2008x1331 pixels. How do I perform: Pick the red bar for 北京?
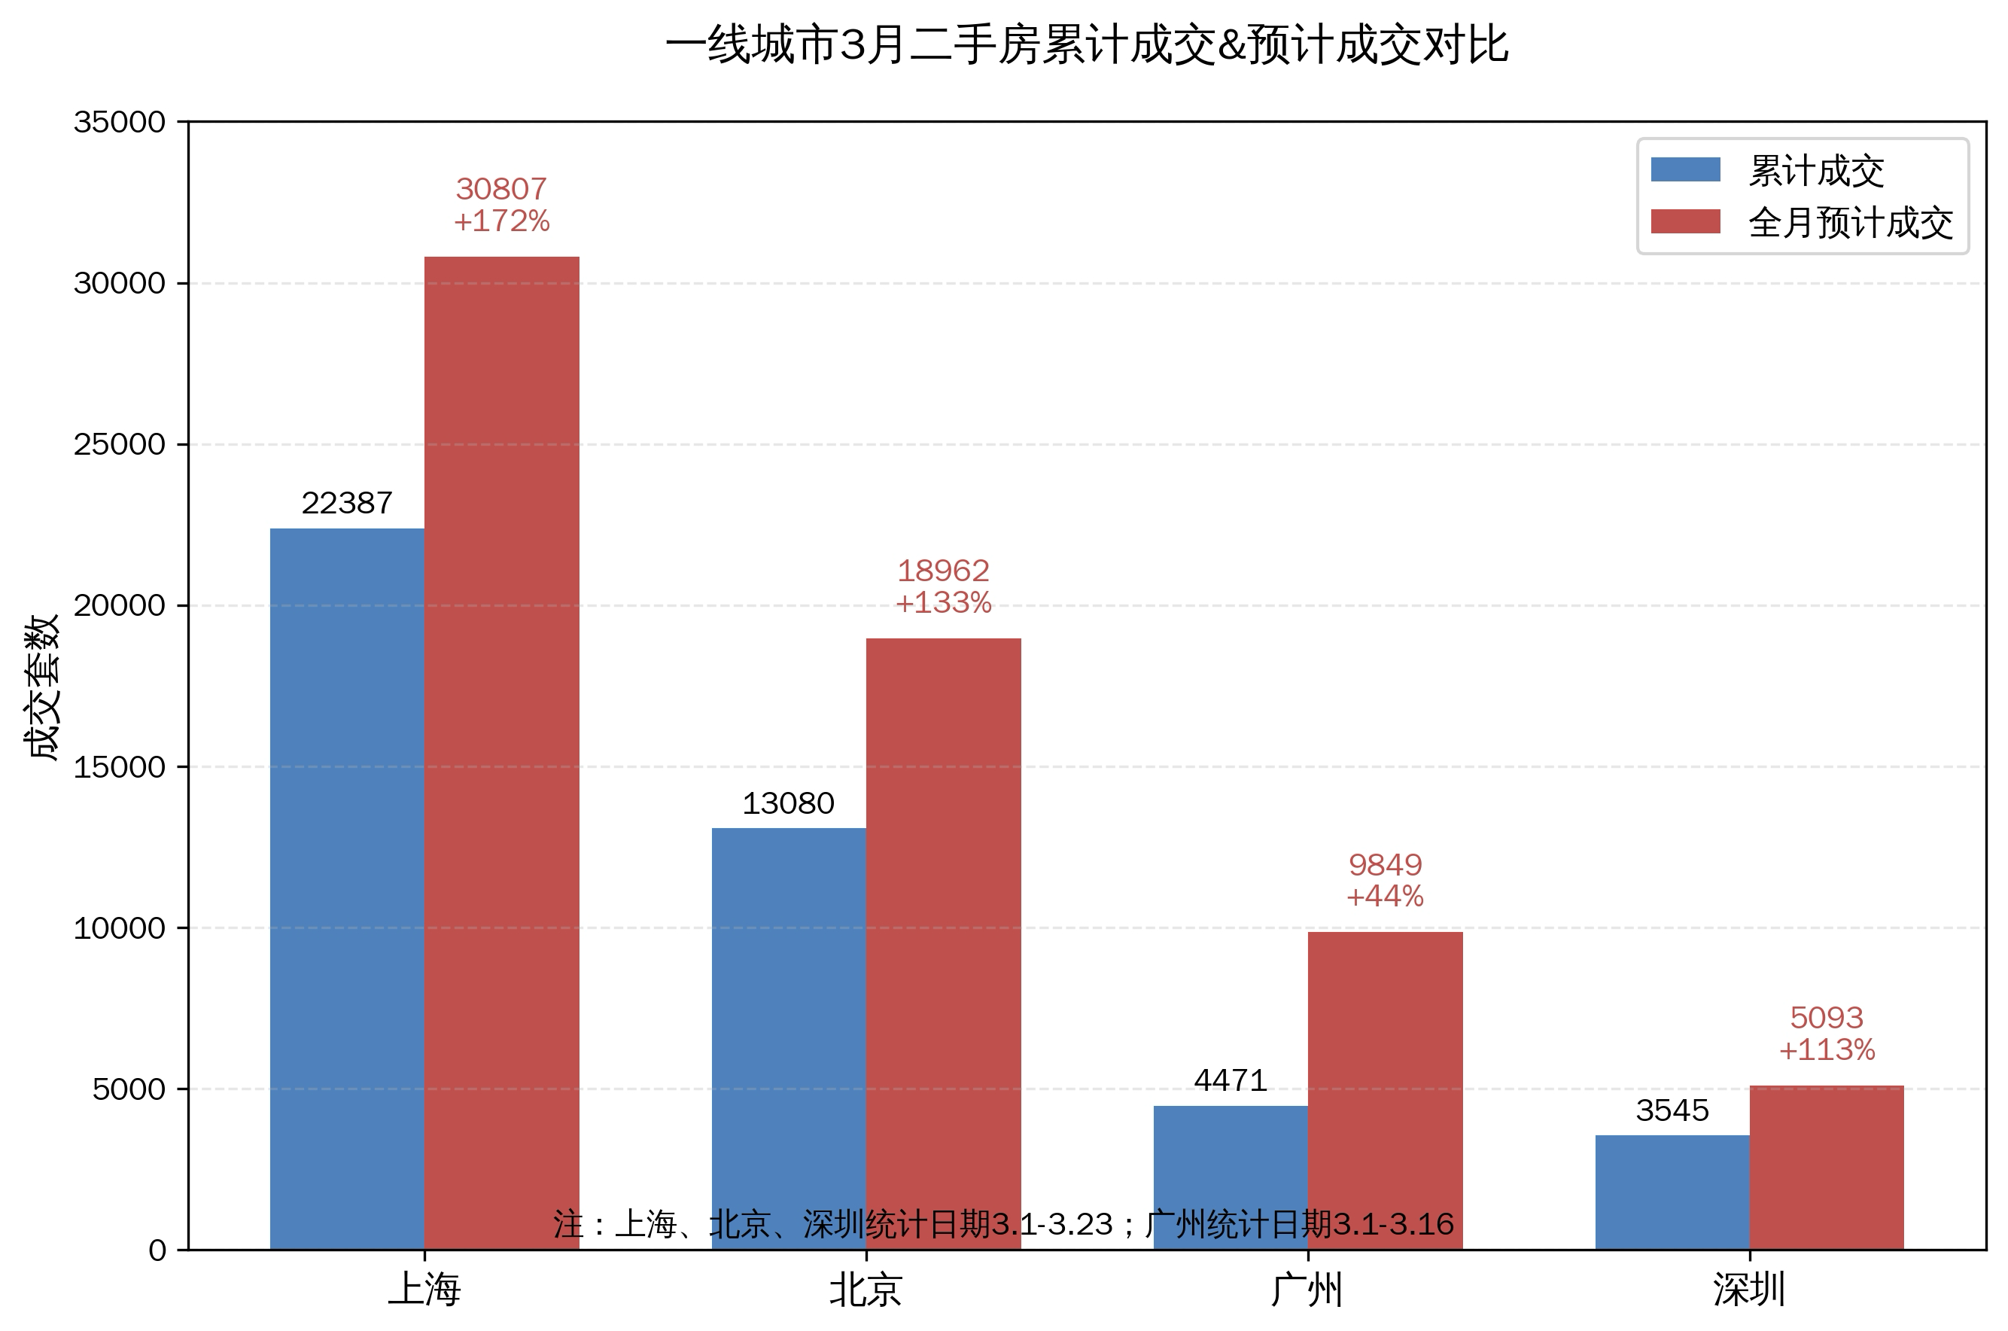click(x=943, y=943)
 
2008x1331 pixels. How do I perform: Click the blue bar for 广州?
click(x=1230, y=1177)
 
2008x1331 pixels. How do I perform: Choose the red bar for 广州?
click(x=1385, y=1090)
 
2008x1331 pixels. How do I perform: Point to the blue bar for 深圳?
click(x=1672, y=1192)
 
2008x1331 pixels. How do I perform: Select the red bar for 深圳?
click(x=1827, y=1167)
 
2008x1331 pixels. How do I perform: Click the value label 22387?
click(x=347, y=504)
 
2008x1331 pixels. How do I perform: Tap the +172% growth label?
click(x=501, y=221)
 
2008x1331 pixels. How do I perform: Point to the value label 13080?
click(x=789, y=803)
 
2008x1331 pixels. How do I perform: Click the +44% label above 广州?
click(x=1385, y=897)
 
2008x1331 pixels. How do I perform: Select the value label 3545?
click(x=1672, y=1110)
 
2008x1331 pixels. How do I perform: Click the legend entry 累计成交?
click(x=1816, y=172)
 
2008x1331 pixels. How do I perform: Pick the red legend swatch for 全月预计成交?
click(x=1684, y=222)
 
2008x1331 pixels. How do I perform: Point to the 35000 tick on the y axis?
click(x=120, y=122)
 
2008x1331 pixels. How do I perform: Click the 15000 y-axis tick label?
click(x=120, y=766)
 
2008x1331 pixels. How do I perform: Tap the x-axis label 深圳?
click(x=1749, y=1290)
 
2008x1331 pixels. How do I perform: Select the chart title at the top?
click(x=1086, y=46)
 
